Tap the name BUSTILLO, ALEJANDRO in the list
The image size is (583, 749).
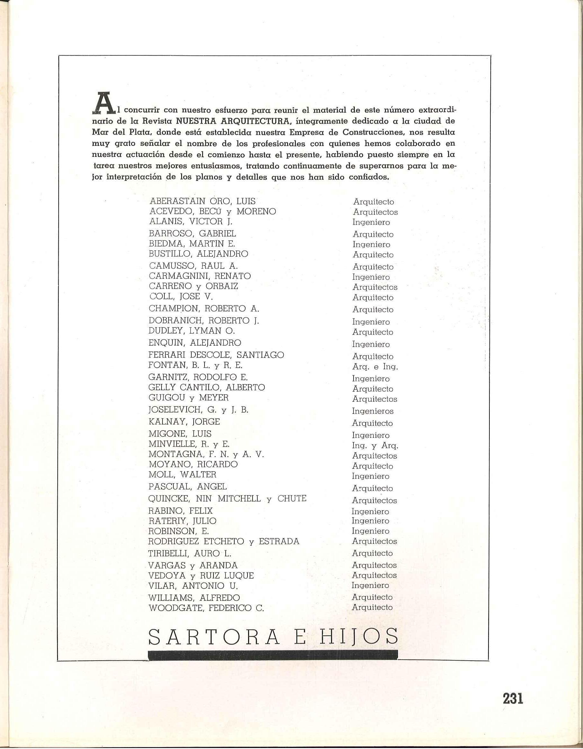(x=198, y=254)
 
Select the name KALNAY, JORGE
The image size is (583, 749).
(x=184, y=422)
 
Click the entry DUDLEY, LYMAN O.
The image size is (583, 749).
(x=192, y=331)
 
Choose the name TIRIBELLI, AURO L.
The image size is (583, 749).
(x=190, y=553)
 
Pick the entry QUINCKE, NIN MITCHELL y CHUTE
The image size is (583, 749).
(x=227, y=499)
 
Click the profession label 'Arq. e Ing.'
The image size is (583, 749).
(x=375, y=366)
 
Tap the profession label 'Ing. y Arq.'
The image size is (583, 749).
(x=375, y=446)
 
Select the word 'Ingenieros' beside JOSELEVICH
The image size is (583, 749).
(x=373, y=411)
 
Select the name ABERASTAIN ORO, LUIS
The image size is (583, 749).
(x=203, y=201)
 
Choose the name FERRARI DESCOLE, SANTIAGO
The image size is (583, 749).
(x=216, y=355)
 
